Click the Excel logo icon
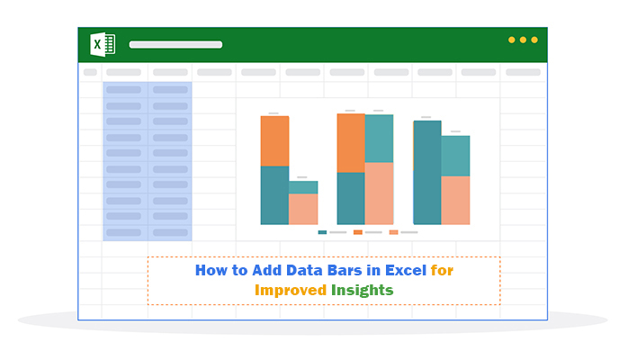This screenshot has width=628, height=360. click(x=103, y=44)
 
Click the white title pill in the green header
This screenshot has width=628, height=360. click(x=175, y=44)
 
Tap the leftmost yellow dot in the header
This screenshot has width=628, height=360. click(x=511, y=40)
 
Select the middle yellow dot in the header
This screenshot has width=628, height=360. click(x=523, y=40)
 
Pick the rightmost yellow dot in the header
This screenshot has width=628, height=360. click(x=534, y=40)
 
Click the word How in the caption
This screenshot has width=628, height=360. click(x=211, y=270)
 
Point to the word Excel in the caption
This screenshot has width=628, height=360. click(x=405, y=270)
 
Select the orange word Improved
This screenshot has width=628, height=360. click(x=291, y=290)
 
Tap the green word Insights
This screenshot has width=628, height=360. click(x=362, y=290)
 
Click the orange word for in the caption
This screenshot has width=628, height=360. click(x=442, y=270)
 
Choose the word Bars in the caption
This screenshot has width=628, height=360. click(x=345, y=270)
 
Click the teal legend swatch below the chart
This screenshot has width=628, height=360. click(x=322, y=232)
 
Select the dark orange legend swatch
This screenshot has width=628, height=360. click(x=358, y=232)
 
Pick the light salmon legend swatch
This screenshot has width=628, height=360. click(x=393, y=232)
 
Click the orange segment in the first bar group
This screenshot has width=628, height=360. click(x=274, y=141)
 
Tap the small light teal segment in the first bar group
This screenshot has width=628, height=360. click(x=303, y=187)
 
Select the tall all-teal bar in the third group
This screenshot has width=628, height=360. click(x=427, y=173)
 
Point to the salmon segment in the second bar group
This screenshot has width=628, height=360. click(x=379, y=193)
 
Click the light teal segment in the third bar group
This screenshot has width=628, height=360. click(x=455, y=157)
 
